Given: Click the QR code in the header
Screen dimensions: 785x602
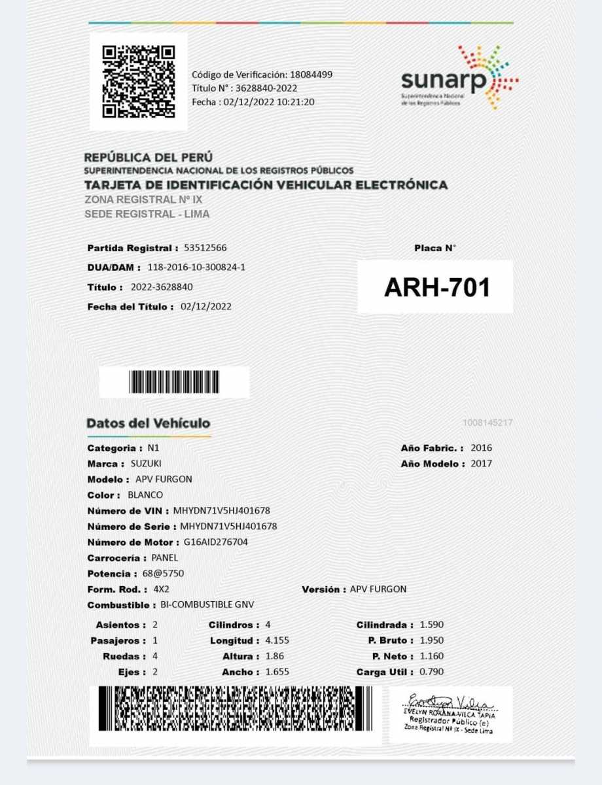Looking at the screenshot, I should [139, 81].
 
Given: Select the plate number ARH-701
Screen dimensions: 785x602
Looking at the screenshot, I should [436, 287].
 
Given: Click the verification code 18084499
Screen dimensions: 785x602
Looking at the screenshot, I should [311, 75].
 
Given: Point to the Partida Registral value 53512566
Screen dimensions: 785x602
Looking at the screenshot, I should [205, 248].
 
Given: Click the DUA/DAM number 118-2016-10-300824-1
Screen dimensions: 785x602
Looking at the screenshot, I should [196, 268].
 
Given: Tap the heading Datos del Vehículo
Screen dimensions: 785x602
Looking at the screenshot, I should [149, 423].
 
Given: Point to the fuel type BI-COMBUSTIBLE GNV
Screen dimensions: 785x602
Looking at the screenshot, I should [207, 605].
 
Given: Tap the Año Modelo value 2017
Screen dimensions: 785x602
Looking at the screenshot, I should [481, 464].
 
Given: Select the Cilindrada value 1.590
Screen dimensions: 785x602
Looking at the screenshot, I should [431, 625].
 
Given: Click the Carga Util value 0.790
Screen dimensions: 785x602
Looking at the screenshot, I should [431, 672].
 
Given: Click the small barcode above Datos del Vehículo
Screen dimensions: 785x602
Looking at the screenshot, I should [174, 382].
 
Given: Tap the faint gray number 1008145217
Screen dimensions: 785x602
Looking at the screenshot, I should [487, 423].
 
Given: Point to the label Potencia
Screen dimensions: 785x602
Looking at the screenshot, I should [109, 574].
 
